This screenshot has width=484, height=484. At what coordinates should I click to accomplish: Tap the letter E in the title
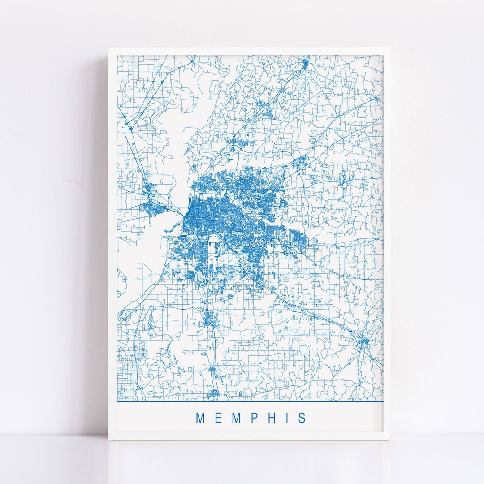point(218,418)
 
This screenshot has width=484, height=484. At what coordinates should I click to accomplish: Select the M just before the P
point(236,418)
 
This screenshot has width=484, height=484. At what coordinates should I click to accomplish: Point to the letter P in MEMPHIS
point(254,418)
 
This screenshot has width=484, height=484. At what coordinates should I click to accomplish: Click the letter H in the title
point(271,418)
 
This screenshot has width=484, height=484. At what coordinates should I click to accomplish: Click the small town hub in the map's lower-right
point(363,342)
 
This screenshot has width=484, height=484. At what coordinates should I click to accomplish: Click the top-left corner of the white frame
point(109,48)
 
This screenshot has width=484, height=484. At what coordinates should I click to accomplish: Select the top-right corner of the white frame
point(389,48)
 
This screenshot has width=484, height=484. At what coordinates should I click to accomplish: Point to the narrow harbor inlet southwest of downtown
point(170,230)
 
